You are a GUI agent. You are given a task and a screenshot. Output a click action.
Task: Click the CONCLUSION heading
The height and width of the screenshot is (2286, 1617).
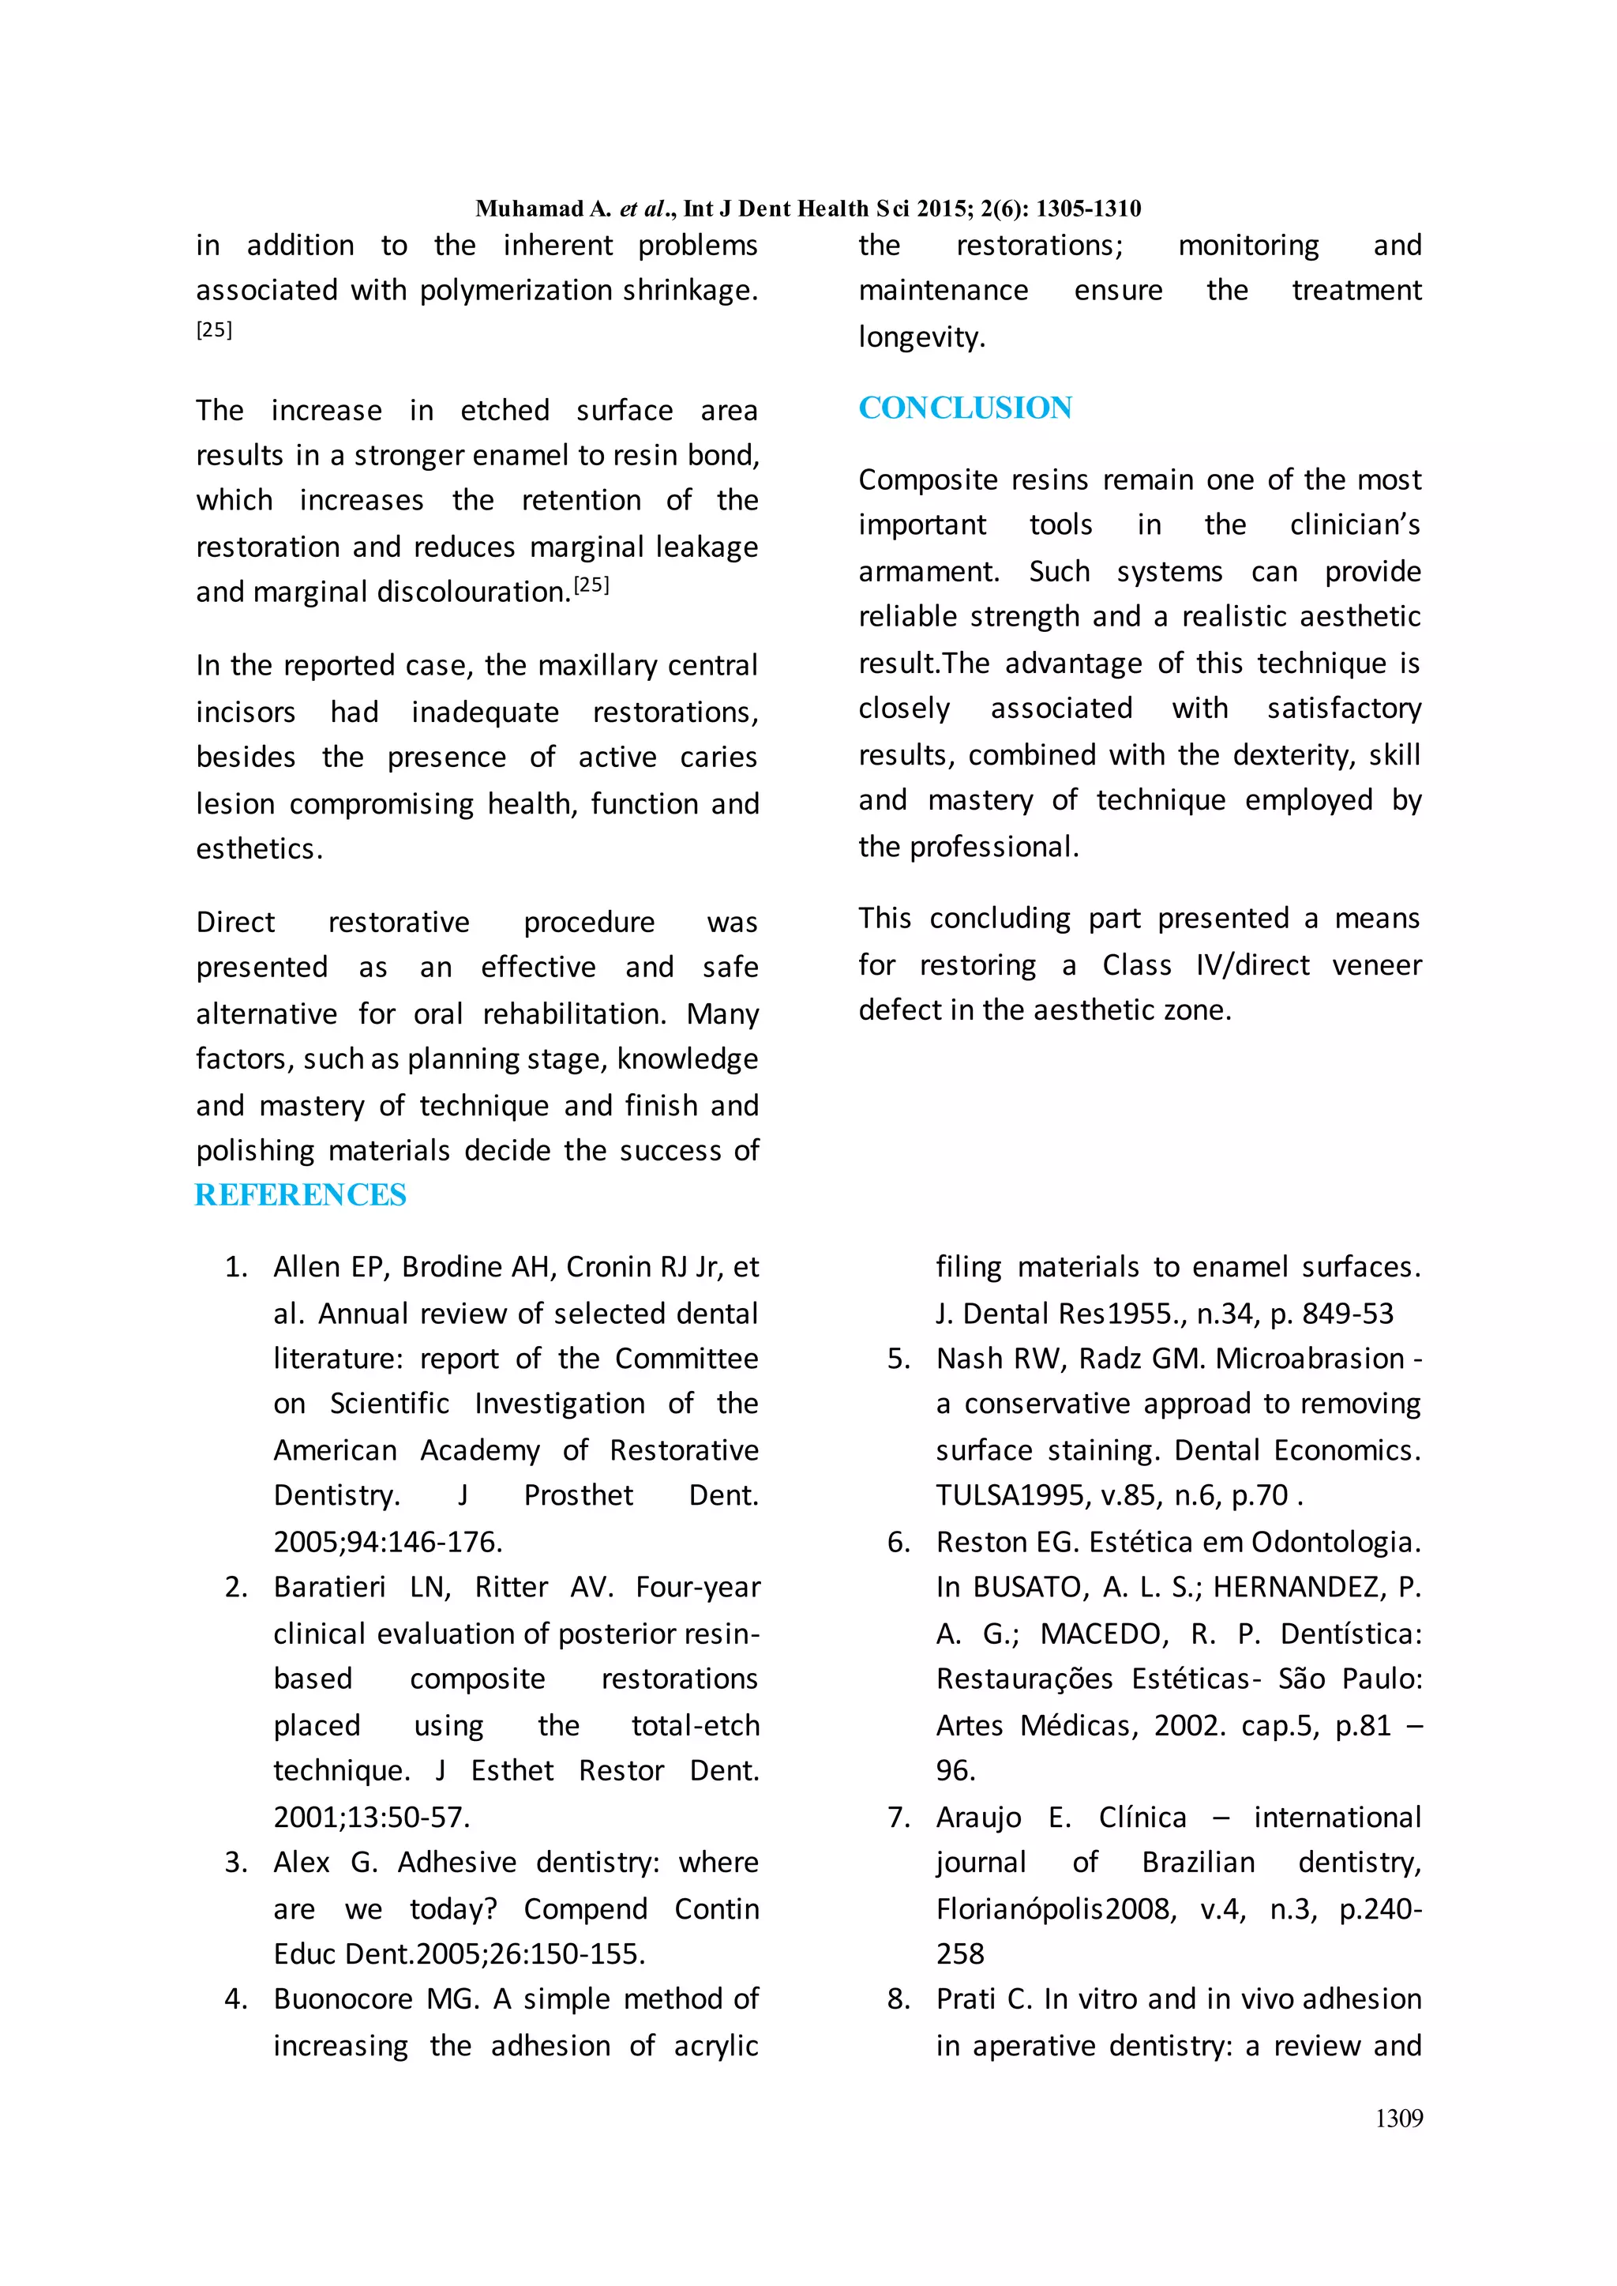[965, 408]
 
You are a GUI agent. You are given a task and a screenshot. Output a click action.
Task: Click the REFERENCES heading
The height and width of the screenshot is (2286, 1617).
[301, 1194]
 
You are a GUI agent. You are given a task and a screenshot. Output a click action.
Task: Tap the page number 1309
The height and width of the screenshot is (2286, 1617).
[1398, 2119]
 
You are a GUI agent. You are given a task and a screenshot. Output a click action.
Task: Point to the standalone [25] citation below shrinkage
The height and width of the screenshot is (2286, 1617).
[214, 329]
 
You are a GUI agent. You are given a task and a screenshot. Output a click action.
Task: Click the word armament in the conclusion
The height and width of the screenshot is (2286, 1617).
[928, 572]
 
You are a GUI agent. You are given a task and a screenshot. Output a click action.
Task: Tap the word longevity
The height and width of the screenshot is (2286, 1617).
[921, 337]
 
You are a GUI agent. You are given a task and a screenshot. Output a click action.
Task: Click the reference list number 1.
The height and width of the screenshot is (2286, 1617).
[235, 1267]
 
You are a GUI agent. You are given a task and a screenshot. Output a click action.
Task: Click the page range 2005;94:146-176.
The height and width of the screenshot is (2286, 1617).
[388, 1542]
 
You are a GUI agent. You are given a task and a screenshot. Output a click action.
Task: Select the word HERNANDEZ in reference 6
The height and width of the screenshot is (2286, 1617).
[1296, 1587]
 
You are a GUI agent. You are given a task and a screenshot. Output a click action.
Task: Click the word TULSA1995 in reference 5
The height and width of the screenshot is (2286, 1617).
[1011, 1495]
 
